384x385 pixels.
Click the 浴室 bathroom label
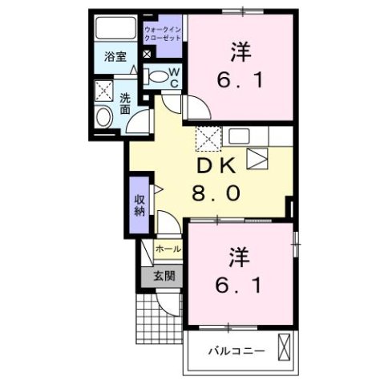coord(115,56)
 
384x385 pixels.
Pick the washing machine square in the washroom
coord(103,90)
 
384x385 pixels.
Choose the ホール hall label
coord(168,249)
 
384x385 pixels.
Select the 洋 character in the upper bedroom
coord(238,51)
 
